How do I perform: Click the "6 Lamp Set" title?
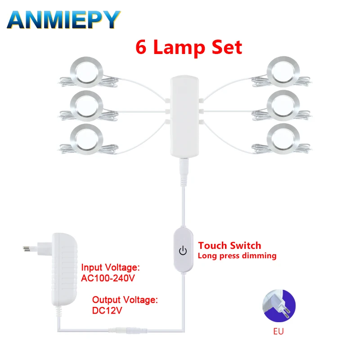pos(189,47)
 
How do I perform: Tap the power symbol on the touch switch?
pos(183,251)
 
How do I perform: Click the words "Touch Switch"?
pos(229,246)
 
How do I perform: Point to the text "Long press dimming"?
pos(237,256)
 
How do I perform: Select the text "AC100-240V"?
pos(108,278)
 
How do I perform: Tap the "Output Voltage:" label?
pos(125,299)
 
